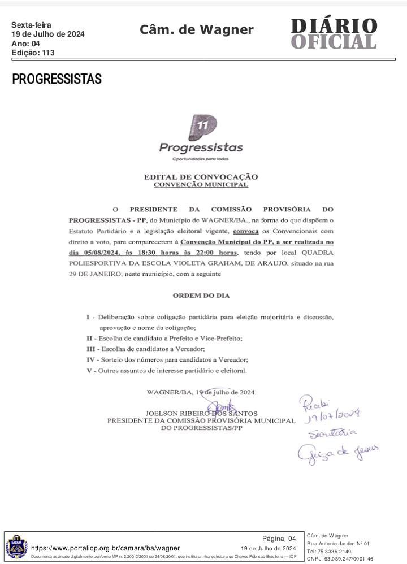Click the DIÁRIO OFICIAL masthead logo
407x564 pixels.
click(x=334, y=34)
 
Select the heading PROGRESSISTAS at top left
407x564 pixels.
click(x=57, y=79)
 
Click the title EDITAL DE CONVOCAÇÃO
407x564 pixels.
click(x=201, y=177)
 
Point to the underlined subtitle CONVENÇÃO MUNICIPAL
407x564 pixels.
click(x=201, y=184)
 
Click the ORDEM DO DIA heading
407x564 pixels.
click(x=201, y=295)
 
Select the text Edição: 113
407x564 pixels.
click(x=33, y=53)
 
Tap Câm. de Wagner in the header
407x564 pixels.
click(x=197, y=29)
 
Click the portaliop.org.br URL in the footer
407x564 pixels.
click(x=105, y=548)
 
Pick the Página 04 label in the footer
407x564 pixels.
click(x=279, y=538)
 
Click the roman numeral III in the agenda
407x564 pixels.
click(x=90, y=349)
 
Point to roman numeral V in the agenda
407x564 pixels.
click(x=89, y=370)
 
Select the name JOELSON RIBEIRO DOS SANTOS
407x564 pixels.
click(x=201, y=413)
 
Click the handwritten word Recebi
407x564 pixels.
click(x=313, y=402)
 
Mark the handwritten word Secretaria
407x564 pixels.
click(x=332, y=433)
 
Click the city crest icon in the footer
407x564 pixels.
click(x=16, y=547)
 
